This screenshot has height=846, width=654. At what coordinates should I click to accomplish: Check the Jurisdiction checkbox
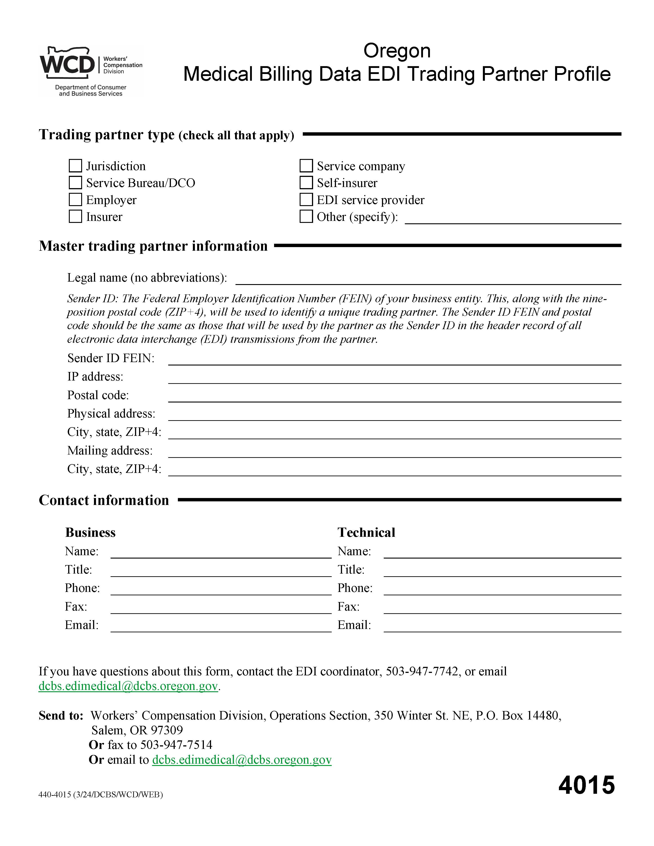tap(75, 166)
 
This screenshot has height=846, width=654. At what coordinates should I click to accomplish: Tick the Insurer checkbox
tap(75, 217)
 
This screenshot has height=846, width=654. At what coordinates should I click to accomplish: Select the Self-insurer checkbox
tap(306, 183)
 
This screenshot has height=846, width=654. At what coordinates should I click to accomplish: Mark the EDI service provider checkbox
tap(306, 200)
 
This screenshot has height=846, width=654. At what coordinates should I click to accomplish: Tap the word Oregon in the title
tap(397, 51)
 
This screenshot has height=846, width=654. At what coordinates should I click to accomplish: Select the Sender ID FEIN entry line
tap(395, 361)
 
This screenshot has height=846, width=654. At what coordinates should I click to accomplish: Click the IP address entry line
tap(395, 379)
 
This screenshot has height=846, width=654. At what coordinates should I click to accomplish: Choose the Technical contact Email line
tap(502, 628)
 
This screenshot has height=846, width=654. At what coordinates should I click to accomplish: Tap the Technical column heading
tap(366, 533)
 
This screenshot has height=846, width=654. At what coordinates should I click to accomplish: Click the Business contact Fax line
tap(221, 609)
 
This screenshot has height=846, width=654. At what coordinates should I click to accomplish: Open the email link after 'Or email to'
tap(242, 760)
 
